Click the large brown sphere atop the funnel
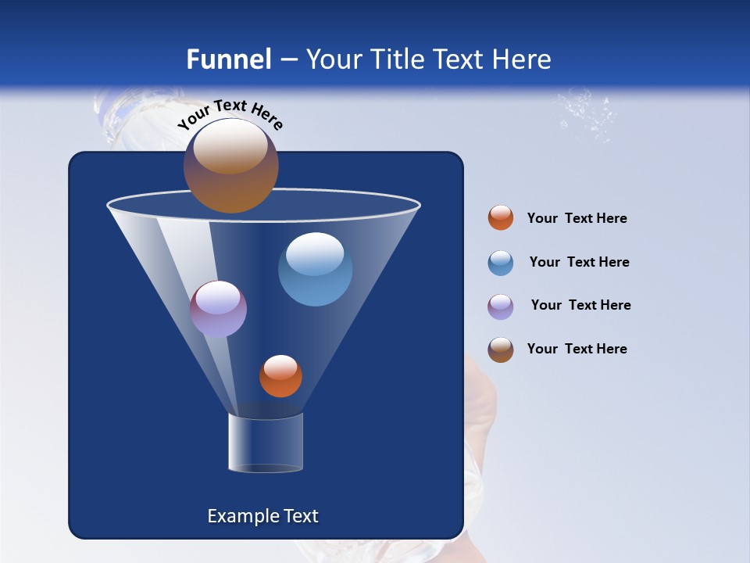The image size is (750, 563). (231, 166)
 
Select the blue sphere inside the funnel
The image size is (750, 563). (315, 269)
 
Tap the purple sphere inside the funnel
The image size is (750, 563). (219, 309)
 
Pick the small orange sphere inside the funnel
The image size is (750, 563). (280, 376)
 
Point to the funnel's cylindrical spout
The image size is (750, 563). (265, 443)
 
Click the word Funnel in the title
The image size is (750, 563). (228, 59)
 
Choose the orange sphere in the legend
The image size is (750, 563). (501, 218)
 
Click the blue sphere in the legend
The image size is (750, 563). (501, 263)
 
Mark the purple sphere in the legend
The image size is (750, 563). (501, 307)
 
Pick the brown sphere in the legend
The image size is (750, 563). (501, 350)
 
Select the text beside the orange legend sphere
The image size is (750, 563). (577, 219)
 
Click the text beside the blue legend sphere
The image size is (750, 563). (579, 263)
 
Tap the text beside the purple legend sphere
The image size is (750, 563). (580, 306)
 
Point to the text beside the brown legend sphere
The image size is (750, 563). (577, 349)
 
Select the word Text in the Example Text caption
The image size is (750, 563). (301, 516)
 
